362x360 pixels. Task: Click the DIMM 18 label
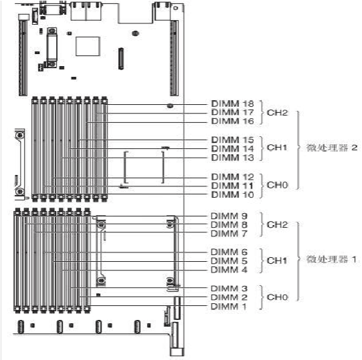(232, 104)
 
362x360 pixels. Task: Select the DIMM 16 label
(232, 122)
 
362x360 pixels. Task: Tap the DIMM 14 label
(232, 148)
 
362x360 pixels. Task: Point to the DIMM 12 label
(232, 177)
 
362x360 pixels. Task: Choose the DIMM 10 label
(232, 194)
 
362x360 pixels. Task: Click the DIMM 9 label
(229, 216)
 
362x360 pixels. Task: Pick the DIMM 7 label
(229, 234)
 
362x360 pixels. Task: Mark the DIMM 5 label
(229, 261)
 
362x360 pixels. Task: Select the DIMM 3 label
(229, 289)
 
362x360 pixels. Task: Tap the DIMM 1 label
(228, 307)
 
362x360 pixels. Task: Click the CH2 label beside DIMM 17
(277, 113)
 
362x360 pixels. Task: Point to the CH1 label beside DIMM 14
(277, 148)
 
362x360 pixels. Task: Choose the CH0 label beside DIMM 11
(277, 185)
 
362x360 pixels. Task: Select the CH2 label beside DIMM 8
(277, 224)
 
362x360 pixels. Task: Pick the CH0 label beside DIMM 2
(277, 297)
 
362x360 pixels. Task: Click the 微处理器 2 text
(332, 148)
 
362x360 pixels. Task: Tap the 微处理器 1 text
(331, 259)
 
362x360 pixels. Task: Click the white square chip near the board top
(87, 46)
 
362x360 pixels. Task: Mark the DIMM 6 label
(229, 252)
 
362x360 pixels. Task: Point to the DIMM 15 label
(232, 140)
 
